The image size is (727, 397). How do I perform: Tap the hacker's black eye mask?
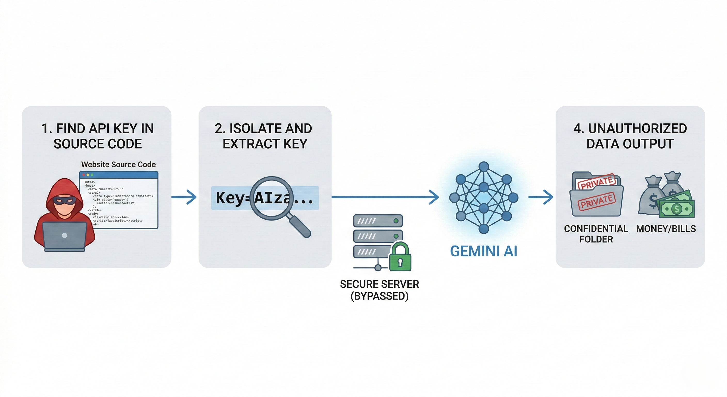tap(65, 201)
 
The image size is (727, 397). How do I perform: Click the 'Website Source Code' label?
tap(118, 164)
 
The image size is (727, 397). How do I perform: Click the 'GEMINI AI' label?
tap(484, 251)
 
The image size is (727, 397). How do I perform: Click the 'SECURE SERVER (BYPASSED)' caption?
tap(379, 290)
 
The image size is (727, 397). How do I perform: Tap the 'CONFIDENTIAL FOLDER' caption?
tap(596, 234)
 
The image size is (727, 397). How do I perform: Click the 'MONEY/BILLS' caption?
tap(666, 228)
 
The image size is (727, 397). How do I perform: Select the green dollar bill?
tap(677, 209)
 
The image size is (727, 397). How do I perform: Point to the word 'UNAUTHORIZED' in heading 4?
tap(637, 128)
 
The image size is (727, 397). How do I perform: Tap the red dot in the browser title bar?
tap(84, 175)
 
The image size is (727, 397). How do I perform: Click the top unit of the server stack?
tap(378, 221)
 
